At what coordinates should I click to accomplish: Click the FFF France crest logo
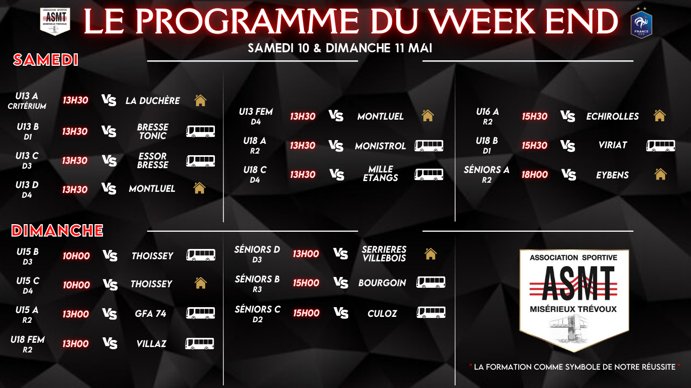click(641, 23)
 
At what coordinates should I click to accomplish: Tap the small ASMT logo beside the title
click(55, 21)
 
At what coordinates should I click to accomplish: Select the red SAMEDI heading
click(46, 60)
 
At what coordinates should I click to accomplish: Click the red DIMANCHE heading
click(57, 230)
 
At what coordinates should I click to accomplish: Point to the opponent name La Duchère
click(153, 101)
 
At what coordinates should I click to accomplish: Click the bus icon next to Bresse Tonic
click(200, 131)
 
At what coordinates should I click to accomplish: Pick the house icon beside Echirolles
click(660, 116)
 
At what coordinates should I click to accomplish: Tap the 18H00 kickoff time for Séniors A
click(534, 175)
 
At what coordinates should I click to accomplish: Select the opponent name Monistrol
click(381, 146)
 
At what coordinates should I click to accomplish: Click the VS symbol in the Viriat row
click(567, 145)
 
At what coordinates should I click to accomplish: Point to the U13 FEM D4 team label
click(256, 116)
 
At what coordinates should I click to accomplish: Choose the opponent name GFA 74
click(151, 314)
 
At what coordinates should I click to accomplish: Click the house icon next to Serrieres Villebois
click(430, 254)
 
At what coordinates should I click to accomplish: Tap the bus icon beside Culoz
click(431, 312)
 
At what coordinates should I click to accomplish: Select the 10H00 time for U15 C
click(76, 285)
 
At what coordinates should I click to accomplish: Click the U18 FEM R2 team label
click(28, 344)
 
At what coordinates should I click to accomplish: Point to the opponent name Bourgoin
click(382, 283)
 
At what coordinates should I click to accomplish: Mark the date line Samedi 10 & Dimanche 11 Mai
click(340, 48)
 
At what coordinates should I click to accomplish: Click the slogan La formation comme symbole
click(575, 367)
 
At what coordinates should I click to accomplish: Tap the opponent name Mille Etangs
click(381, 174)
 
